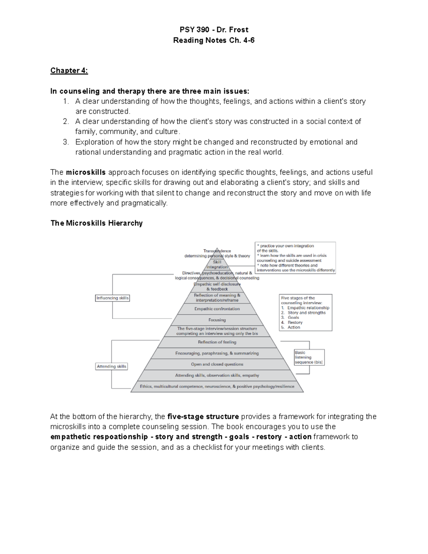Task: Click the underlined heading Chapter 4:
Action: pyautogui.click(x=69, y=70)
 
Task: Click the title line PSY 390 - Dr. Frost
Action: pyautogui.click(x=214, y=30)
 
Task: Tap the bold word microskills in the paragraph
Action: pyautogui.click(x=86, y=173)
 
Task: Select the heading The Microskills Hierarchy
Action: pyautogui.click(x=96, y=223)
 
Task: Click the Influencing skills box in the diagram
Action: pyautogui.click(x=112, y=298)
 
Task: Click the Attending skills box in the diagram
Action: pyautogui.click(x=112, y=366)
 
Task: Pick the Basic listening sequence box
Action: pyautogui.click(x=309, y=357)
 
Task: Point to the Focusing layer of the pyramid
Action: pyautogui.click(x=217, y=320)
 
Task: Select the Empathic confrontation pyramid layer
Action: pyautogui.click(x=217, y=309)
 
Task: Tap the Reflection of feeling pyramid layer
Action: pyautogui.click(x=217, y=342)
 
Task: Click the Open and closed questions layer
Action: pyautogui.click(x=217, y=364)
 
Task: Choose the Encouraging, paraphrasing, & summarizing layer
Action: pyautogui.click(x=217, y=353)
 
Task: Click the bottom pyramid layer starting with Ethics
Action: pyautogui.click(x=217, y=386)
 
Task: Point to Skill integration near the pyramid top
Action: pyautogui.click(x=217, y=264)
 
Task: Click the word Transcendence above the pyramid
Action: pyautogui.click(x=217, y=251)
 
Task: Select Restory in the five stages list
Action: pyautogui.click(x=295, y=322)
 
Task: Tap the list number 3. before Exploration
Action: pyautogui.click(x=66, y=142)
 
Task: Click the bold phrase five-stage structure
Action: pyautogui.click(x=203, y=417)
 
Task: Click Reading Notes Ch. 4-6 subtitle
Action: pyautogui.click(x=214, y=40)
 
